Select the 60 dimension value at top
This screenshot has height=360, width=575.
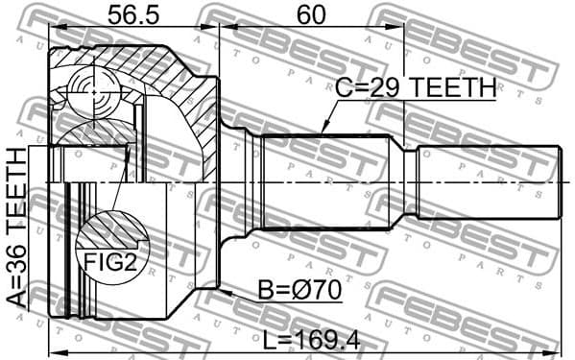[x=311, y=16]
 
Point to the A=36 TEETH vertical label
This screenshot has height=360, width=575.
[x=17, y=227]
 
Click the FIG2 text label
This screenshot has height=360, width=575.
[x=108, y=261]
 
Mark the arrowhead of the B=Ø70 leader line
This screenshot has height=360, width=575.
[x=223, y=287]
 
